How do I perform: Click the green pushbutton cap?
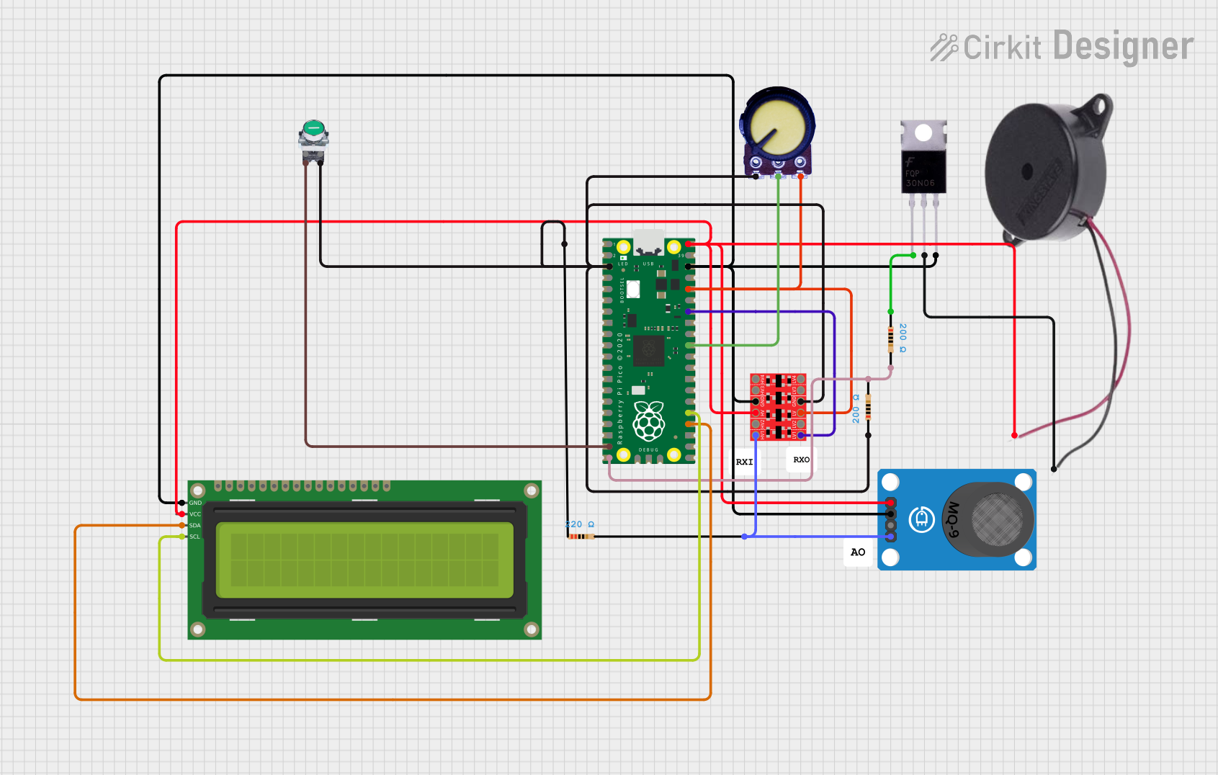[x=313, y=129]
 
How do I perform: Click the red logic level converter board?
[x=778, y=406]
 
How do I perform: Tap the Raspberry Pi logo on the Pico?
[x=648, y=421]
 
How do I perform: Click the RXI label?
[x=744, y=462]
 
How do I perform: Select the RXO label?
[x=801, y=460]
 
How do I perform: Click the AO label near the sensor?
[x=858, y=552]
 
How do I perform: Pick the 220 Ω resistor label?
[x=580, y=524]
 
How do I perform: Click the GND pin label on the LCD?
[x=195, y=503]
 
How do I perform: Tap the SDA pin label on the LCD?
[x=195, y=526]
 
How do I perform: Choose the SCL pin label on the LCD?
[x=195, y=537]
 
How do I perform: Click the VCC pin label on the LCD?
[x=195, y=514]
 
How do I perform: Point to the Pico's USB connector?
[x=648, y=242]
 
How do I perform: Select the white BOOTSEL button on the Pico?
[x=633, y=289]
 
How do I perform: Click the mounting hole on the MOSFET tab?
[x=923, y=133]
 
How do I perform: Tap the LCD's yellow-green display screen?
[x=364, y=560]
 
